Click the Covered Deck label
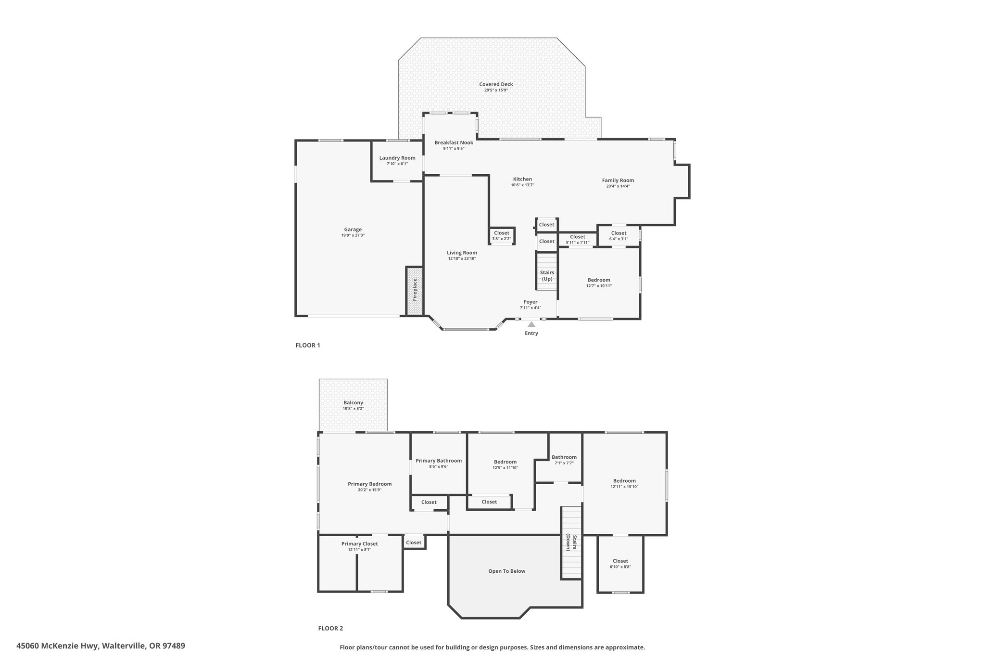(x=496, y=84)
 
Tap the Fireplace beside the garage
(x=415, y=291)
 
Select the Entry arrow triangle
(x=531, y=324)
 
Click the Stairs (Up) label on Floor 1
(x=547, y=276)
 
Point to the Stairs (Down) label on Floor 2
(x=571, y=542)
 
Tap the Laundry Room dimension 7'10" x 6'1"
(x=397, y=164)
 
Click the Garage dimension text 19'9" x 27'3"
(x=353, y=235)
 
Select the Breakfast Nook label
(x=454, y=142)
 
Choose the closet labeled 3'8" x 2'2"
(x=502, y=236)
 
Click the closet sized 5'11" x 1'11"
(x=577, y=239)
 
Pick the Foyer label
(x=530, y=302)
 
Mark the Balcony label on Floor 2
(x=353, y=402)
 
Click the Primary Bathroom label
(x=439, y=461)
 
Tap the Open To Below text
(x=507, y=571)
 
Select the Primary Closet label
(x=360, y=543)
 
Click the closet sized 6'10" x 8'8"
(x=620, y=564)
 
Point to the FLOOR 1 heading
(x=308, y=345)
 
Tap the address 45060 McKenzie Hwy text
(x=57, y=646)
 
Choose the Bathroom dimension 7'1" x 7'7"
(x=564, y=463)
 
